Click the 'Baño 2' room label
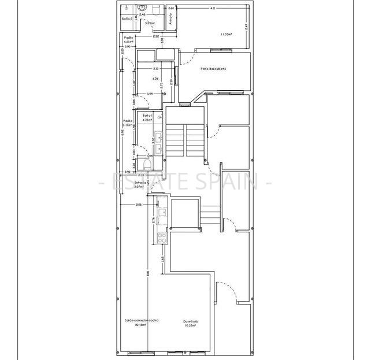(x=128, y=19)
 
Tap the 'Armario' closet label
(x=171, y=19)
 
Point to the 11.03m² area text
(x=226, y=35)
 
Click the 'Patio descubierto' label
(x=213, y=69)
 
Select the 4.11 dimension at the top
(x=213, y=9)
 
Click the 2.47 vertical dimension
(x=246, y=26)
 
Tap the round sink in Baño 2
(x=142, y=8)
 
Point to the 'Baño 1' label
(x=147, y=116)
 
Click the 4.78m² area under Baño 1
(x=147, y=120)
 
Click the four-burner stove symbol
(x=162, y=236)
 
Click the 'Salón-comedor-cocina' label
(x=142, y=320)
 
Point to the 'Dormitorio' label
(x=191, y=321)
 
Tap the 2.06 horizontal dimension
(x=139, y=205)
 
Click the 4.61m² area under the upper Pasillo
(x=128, y=42)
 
